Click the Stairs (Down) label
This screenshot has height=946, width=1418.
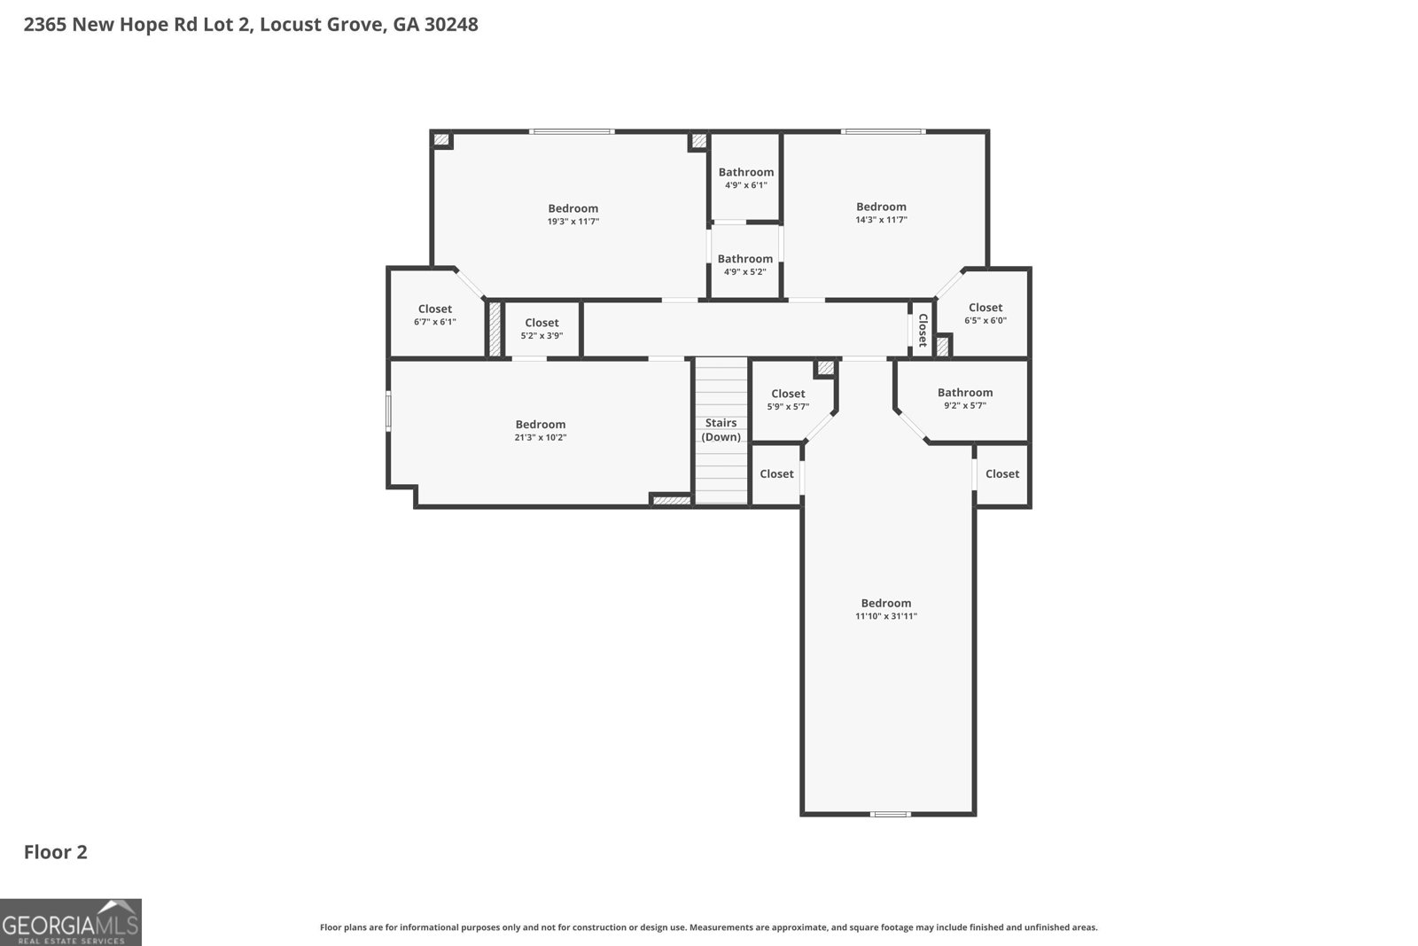tap(721, 430)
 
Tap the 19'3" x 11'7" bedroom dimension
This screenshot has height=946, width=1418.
tap(573, 222)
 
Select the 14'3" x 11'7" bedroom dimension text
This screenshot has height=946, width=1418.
tap(881, 220)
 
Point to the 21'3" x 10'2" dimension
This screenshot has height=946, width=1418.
tap(541, 438)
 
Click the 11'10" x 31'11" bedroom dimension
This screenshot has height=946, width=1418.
tap(885, 616)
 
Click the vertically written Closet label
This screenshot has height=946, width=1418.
tap(923, 330)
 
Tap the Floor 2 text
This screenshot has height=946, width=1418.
tap(55, 852)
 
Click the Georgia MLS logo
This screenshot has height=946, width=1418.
tap(70, 922)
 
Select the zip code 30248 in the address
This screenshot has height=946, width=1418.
tap(451, 25)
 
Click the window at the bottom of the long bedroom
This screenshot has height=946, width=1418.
tap(889, 814)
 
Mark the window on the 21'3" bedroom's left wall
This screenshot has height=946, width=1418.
tap(388, 412)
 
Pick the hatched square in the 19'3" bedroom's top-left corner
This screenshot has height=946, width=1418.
tap(440, 140)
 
